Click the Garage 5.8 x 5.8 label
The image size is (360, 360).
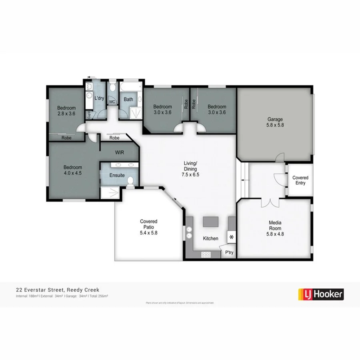(x=275, y=122)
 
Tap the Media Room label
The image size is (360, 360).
(x=275, y=231)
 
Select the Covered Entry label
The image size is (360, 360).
(x=300, y=180)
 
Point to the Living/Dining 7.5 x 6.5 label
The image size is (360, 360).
(x=190, y=169)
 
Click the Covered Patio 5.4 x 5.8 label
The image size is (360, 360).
(x=148, y=227)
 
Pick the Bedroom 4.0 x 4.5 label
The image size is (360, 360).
(x=72, y=170)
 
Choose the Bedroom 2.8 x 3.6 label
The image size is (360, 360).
(x=66, y=111)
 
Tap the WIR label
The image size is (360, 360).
(x=120, y=152)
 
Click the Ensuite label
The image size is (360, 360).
(x=117, y=175)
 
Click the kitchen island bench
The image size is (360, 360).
(x=211, y=221)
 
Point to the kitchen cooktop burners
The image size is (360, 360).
(x=206, y=254)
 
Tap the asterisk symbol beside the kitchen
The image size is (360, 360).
(x=231, y=237)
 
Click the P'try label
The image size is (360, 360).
(x=229, y=252)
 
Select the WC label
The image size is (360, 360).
(x=112, y=102)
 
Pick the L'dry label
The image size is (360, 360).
(x=99, y=98)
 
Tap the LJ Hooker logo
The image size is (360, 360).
(x=321, y=294)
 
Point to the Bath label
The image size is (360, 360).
(x=128, y=99)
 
